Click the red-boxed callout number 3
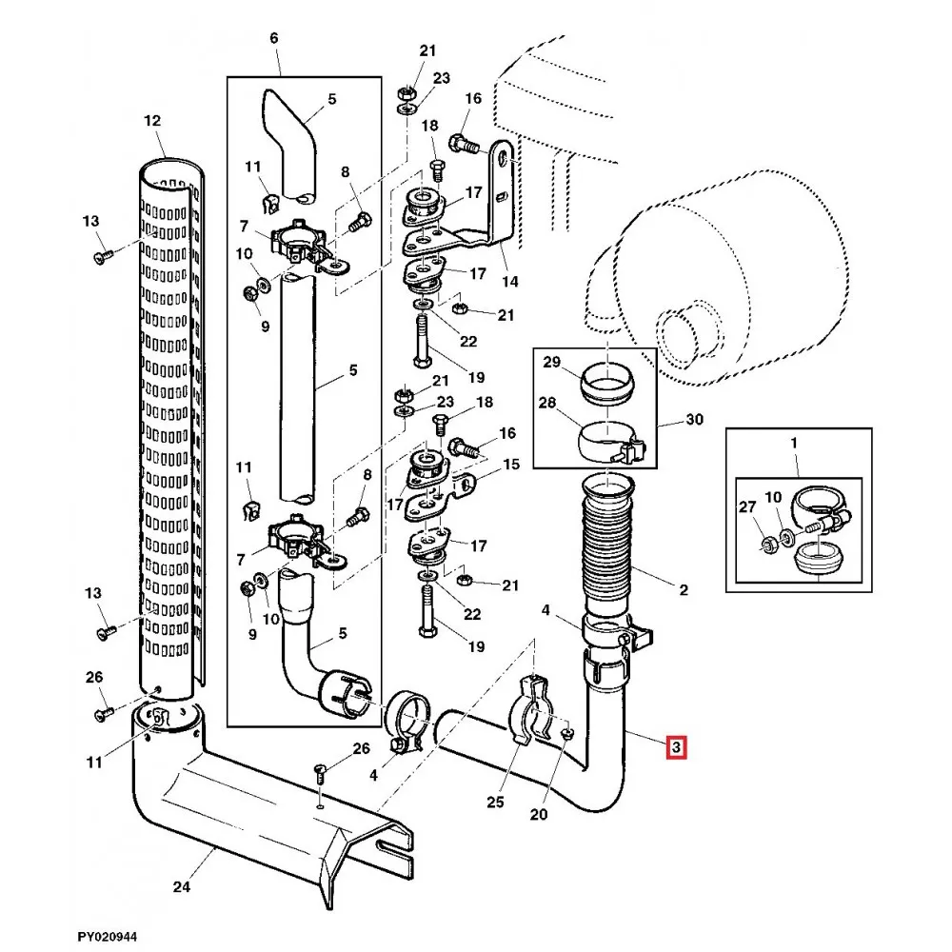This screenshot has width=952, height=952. point(676,747)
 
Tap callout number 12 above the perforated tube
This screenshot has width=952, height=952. point(152,121)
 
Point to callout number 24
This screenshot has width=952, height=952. point(182,887)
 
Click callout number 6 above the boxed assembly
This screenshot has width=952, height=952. point(274,38)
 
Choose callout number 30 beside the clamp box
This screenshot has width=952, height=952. point(694,419)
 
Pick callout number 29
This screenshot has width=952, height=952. point(551,363)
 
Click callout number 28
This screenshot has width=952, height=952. point(547,403)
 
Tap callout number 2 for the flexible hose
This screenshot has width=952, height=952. point(684,589)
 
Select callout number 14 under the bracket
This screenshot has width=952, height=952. point(510,282)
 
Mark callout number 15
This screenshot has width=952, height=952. point(512,465)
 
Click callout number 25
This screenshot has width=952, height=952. point(495,802)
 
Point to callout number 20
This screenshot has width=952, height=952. point(539,814)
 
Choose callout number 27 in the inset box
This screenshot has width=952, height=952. point(747,507)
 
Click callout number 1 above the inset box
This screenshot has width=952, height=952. point(793,444)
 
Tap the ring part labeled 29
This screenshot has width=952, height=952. point(607,383)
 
